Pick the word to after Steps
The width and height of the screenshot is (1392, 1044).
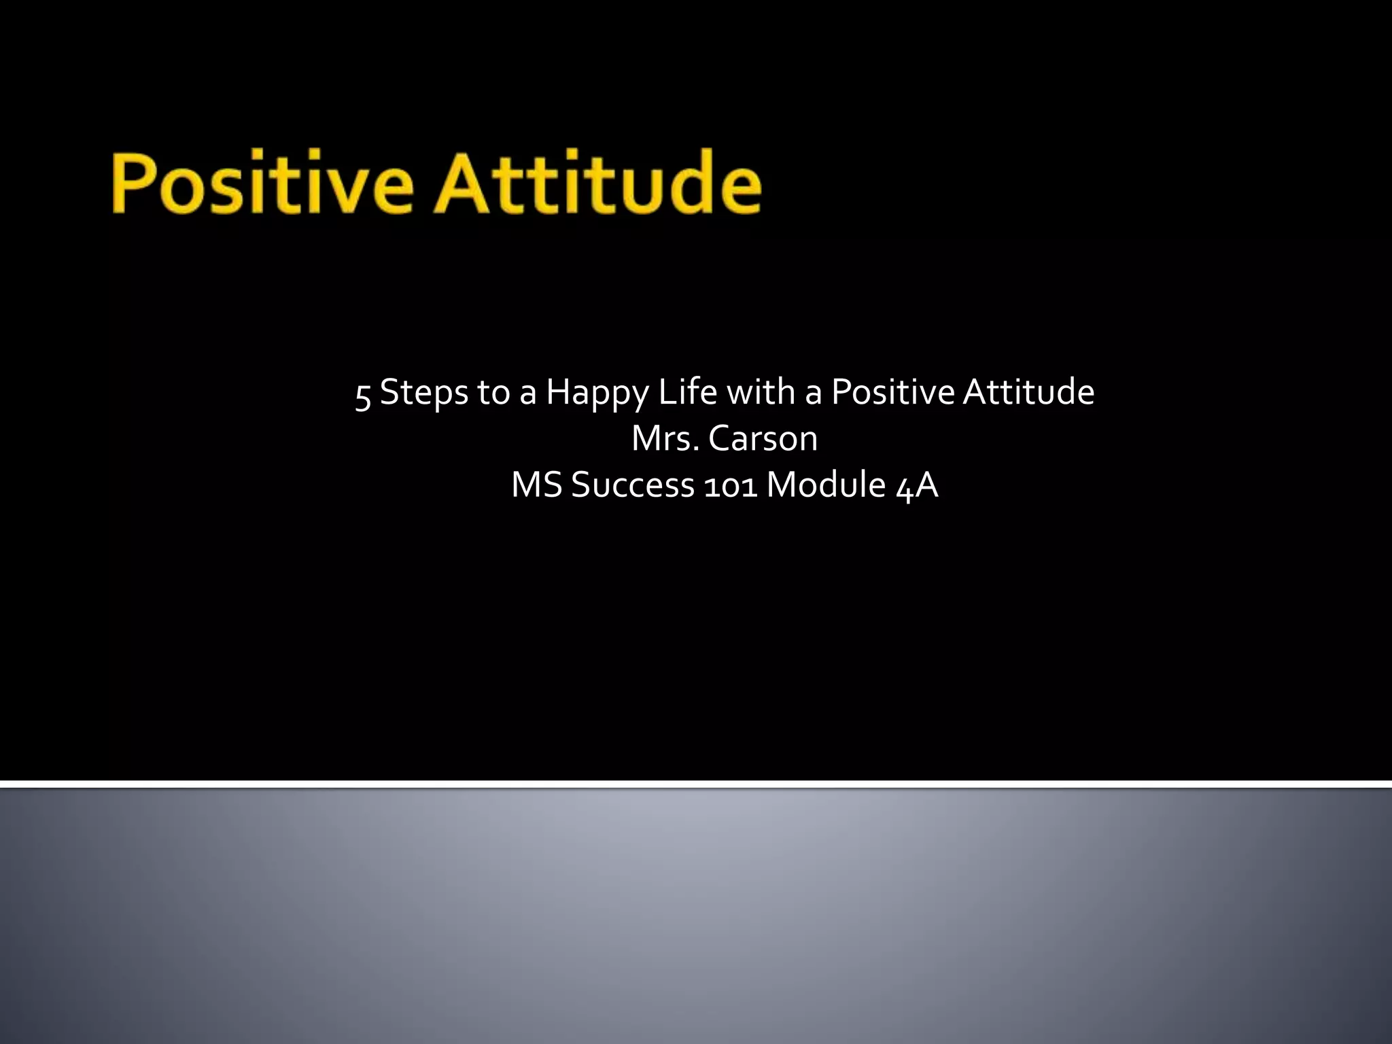(493, 393)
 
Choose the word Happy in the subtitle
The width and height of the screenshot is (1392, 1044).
(597, 394)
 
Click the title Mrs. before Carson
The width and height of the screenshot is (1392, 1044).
(665, 438)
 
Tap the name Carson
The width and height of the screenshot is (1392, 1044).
(763, 438)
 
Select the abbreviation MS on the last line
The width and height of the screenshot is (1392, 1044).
(537, 485)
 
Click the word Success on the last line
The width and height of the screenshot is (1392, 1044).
(633, 485)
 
